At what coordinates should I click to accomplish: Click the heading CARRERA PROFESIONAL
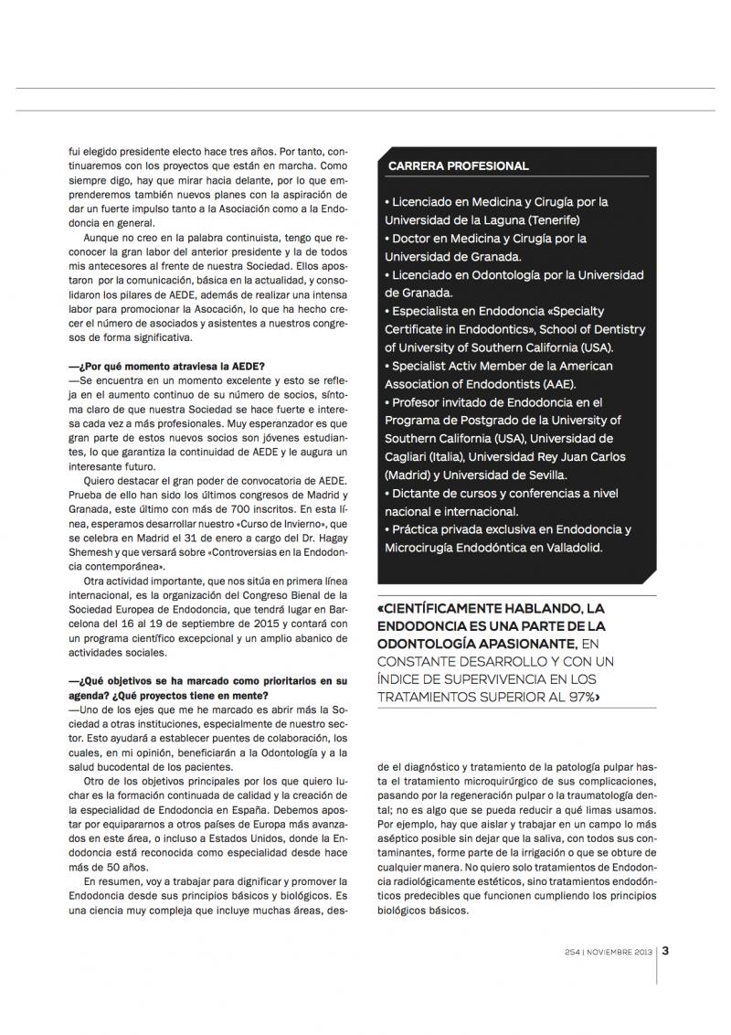[458, 166]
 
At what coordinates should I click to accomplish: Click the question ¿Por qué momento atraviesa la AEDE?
[167, 367]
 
